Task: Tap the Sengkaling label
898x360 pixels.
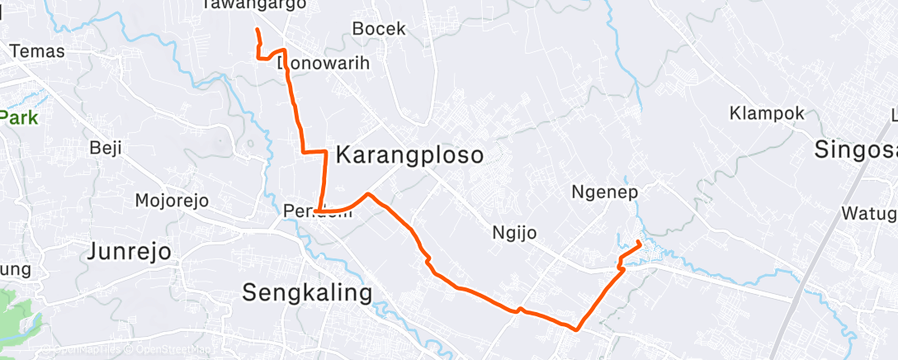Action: click(307, 291)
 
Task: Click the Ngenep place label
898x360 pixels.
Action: click(604, 192)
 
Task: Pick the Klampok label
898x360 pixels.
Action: click(767, 112)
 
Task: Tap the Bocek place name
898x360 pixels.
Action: click(379, 28)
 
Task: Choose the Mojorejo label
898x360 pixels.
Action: click(172, 201)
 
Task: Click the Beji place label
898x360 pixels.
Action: click(106, 149)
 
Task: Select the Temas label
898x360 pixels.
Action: click(36, 50)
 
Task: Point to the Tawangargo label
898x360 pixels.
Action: click(253, 5)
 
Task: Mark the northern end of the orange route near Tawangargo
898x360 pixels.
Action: click(258, 31)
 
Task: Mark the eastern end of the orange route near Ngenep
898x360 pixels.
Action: click(640, 242)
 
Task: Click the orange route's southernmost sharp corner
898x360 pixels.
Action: click(575, 329)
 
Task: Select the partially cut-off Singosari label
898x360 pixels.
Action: click(855, 149)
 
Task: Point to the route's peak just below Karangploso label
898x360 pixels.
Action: click(368, 195)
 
